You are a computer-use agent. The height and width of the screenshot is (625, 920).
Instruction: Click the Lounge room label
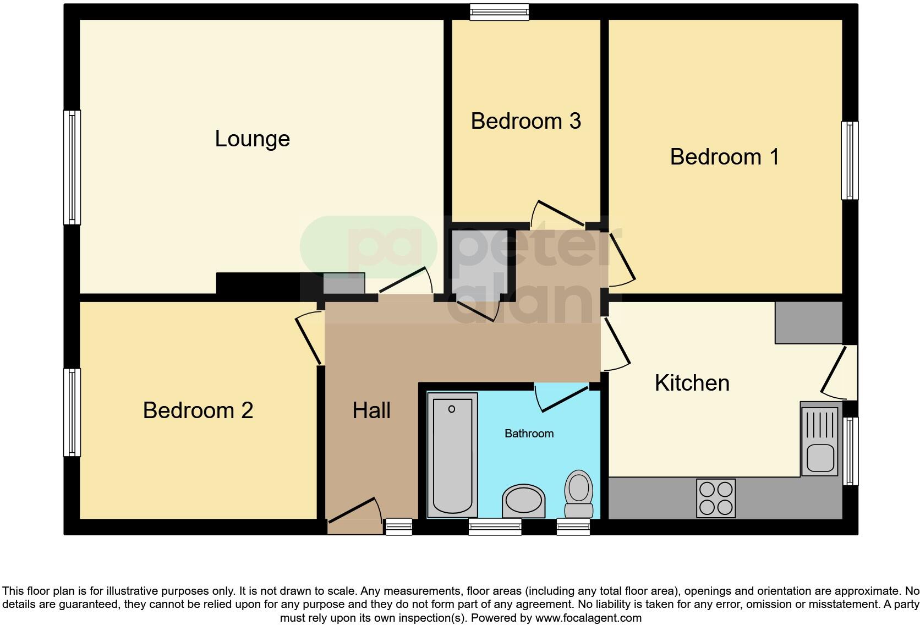point(252,139)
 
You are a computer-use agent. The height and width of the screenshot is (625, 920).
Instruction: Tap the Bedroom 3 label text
point(525,121)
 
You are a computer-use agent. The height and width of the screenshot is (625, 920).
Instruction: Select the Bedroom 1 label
point(724,157)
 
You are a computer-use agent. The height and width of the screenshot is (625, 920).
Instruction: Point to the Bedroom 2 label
point(198,410)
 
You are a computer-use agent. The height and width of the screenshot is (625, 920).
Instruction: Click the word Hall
point(371,410)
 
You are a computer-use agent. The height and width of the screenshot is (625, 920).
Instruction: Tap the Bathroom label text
point(529,434)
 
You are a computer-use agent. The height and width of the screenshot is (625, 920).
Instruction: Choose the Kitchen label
point(692,383)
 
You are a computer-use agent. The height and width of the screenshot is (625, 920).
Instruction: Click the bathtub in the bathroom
point(452,455)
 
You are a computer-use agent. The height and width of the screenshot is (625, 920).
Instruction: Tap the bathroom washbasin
point(523,501)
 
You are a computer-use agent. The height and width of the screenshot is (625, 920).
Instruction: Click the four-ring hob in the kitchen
point(715,498)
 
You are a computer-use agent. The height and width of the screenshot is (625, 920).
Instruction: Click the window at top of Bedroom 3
point(499,12)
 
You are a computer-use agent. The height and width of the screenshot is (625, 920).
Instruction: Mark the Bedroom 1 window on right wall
point(850,160)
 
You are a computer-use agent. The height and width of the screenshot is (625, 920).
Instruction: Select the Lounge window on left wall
point(72,167)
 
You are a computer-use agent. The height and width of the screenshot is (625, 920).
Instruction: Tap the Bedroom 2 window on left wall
point(72,412)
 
